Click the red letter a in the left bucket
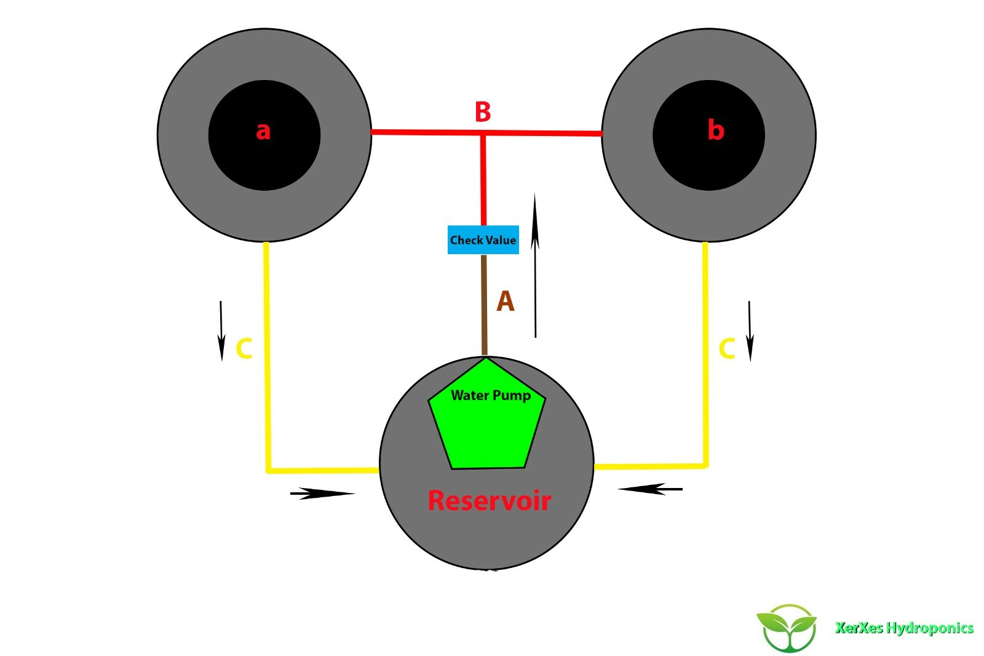[263, 131]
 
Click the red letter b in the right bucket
[715, 130]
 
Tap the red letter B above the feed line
[483, 112]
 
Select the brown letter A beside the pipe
[505, 301]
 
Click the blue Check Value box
[483, 240]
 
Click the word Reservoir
[489, 500]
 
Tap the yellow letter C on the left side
[244, 348]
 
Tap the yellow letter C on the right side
[727, 348]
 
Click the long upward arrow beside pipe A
[535, 265]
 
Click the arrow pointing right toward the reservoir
[322, 493]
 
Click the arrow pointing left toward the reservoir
[650, 489]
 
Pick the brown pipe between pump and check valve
[484, 305]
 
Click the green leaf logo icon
[787, 628]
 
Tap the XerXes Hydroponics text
[904, 628]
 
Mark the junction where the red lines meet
[483, 132]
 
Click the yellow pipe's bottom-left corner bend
[269, 471]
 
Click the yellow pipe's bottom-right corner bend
[705, 466]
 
